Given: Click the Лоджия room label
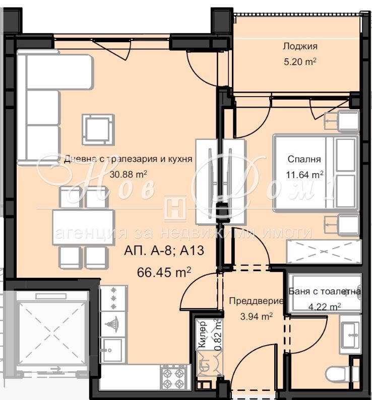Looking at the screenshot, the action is [x=300, y=46].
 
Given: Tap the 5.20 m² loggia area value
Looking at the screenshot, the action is [x=300, y=61].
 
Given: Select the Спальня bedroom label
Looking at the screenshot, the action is [x=304, y=159].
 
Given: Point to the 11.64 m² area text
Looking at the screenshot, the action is [x=304, y=175].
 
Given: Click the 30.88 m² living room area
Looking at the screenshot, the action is [x=128, y=175].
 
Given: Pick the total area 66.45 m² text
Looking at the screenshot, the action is [x=164, y=272].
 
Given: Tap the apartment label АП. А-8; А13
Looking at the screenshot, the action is [x=164, y=250].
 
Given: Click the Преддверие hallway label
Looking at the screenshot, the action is [x=256, y=301].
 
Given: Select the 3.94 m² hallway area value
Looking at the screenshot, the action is [x=256, y=316].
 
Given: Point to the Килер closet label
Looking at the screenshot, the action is [x=202, y=334].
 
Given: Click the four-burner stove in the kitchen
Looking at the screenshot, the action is [x=173, y=377].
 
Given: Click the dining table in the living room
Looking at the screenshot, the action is [x=83, y=227].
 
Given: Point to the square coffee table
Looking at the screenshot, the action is [x=98, y=130].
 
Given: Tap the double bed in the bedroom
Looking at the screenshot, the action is [x=316, y=173].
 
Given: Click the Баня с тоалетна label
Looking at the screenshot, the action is [x=325, y=291].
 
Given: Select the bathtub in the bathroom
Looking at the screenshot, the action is [x=325, y=293].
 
